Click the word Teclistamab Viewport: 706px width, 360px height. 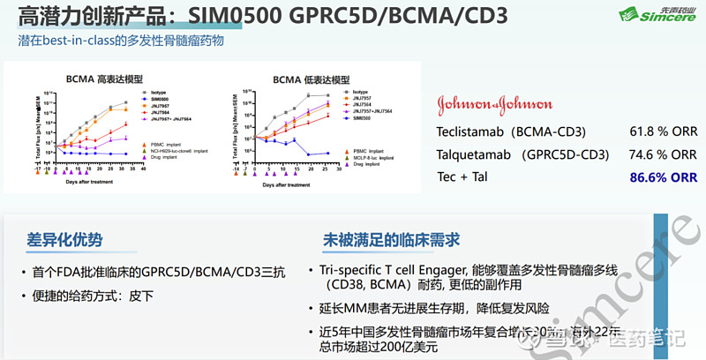[x=473, y=131]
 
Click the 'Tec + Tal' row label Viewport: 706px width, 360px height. [x=462, y=176]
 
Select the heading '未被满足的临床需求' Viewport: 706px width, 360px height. [x=391, y=239]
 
